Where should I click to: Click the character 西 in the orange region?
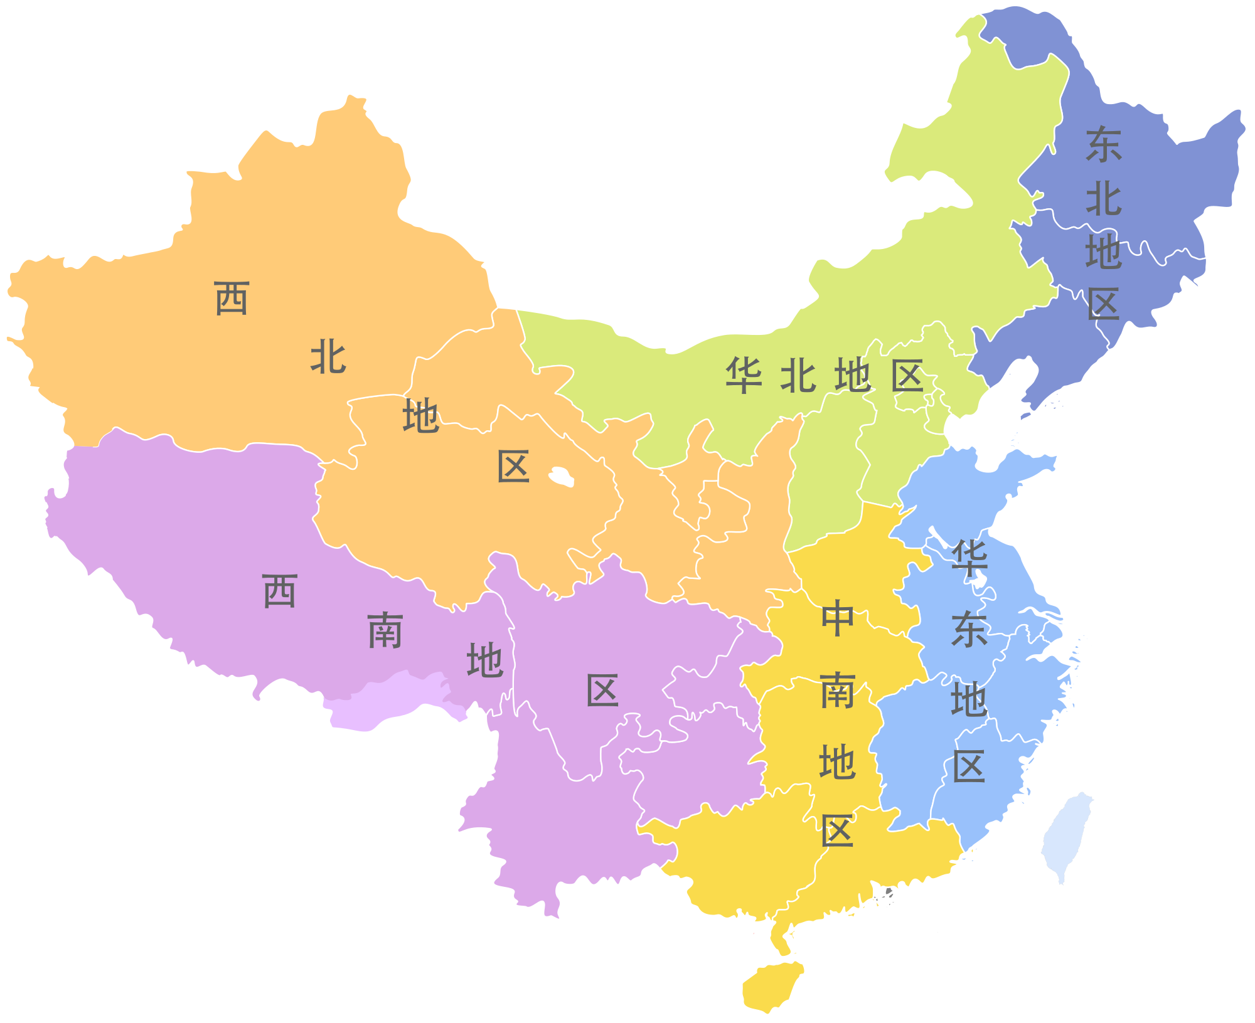point(232,299)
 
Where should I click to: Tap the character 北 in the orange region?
point(328,357)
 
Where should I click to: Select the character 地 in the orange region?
point(420,415)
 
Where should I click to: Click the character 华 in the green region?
point(744,376)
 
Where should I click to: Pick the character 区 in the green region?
point(907,376)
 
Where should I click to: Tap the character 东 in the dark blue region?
point(1103,144)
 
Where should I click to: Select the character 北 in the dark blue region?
point(1103,199)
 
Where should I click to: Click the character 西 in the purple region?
point(279,591)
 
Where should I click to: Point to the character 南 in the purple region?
point(385,630)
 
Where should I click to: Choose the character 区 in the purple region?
point(602,691)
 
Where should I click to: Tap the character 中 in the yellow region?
point(837,618)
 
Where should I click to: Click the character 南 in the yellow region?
point(837,691)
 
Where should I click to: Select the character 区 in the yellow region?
point(837,831)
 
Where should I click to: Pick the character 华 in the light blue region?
point(969,558)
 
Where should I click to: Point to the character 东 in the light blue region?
point(969,629)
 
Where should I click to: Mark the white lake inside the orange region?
point(561,477)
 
